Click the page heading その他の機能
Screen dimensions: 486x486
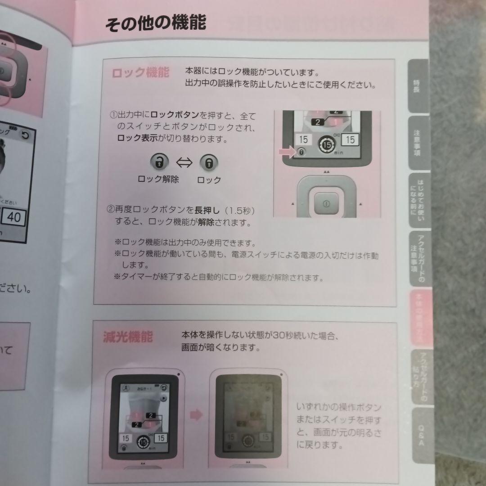(x=155, y=22)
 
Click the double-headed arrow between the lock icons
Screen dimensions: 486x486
(x=184, y=162)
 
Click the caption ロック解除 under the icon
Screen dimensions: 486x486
(x=158, y=179)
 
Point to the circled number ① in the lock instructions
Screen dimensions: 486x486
(x=113, y=115)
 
